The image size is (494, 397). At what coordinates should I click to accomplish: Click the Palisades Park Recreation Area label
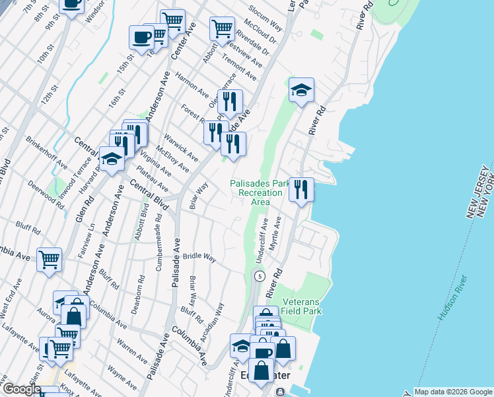coord(256,193)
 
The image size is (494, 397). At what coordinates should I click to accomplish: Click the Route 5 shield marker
coord(260,275)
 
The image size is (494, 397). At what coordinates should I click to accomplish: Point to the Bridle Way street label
coord(199,256)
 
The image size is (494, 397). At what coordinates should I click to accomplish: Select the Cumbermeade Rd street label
coord(159,242)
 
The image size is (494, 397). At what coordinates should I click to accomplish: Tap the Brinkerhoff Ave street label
coord(46,153)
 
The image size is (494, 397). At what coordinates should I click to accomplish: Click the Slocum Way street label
coord(265,20)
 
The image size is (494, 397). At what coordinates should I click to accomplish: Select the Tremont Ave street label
coord(240,66)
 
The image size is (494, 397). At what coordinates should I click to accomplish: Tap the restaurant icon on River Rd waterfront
coord(301,190)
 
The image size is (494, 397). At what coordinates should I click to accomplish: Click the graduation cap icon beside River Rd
coord(301,91)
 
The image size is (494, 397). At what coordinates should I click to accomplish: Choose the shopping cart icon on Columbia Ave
coord(49,261)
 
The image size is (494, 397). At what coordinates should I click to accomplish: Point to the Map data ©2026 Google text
coord(453,392)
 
